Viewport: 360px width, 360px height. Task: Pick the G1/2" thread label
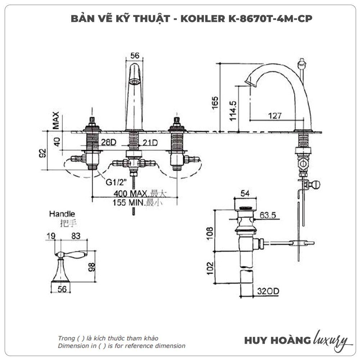point(115,182)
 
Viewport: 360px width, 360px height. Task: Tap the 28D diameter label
point(108,143)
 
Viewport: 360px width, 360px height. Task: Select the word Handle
point(62,214)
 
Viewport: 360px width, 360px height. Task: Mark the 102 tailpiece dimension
point(211,269)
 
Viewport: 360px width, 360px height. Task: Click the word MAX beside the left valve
point(55,121)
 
